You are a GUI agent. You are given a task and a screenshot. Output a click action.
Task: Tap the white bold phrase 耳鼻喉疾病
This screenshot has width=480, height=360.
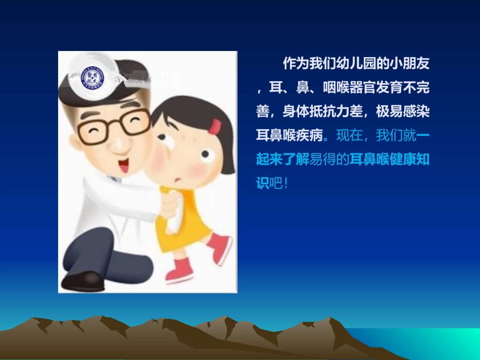(289, 135)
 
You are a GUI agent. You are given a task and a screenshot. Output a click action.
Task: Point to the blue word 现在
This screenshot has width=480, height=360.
(349, 135)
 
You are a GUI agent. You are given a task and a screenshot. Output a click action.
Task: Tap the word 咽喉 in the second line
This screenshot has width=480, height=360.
(334, 88)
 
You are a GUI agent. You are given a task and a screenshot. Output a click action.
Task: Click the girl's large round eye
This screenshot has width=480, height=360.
(206, 156)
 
